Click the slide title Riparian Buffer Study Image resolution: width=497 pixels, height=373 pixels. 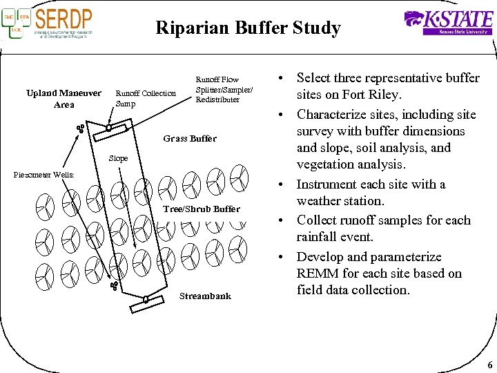(x=248, y=28)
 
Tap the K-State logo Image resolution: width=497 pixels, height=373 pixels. (x=448, y=22)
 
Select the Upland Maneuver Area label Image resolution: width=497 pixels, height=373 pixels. (x=64, y=99)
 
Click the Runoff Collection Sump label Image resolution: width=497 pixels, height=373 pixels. (x=145, y=98)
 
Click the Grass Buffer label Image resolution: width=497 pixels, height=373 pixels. (x=190, y=139)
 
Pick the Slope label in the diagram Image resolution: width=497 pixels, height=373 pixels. (x=118, y=159)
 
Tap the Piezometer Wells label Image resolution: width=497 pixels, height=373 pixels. (x=43, y=175)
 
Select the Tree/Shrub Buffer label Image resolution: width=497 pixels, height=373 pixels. (x=201, y=209)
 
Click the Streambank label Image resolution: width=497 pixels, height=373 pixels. (x=205, y=296)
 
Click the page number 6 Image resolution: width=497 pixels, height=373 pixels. (x=489, y=365)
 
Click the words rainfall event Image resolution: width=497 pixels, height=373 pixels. (x=335, y=237)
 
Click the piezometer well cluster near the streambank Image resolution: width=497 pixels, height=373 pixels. (x=114, y=285)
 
